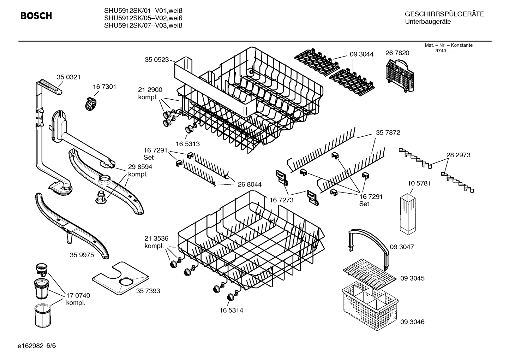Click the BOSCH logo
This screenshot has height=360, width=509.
[x=36, y=16]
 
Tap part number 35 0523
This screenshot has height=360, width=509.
[x=157, y=60]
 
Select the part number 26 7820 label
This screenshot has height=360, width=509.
[x=397, y=53]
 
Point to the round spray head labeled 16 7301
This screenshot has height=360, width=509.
[x=91, y=103]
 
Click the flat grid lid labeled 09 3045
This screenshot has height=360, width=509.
[x=370, y=271]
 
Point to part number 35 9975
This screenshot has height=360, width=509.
[x=82, y=255]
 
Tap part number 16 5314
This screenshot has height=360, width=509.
[x=231, y=310]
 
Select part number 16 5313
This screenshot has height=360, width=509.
[x=188, y=144]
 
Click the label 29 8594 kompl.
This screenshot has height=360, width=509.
[x=140, y=170]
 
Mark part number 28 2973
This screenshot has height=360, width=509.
[x=458, y=155]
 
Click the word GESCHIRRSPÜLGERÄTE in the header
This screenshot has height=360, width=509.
[x=444, y=14]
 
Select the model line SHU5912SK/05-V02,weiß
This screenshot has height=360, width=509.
[x=143, y=18]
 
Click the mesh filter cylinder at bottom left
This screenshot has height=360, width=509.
[x=43, y=317]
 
